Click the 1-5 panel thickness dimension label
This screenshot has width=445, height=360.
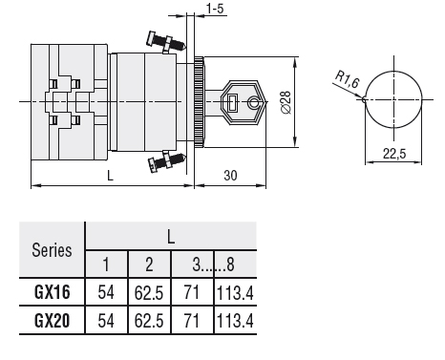[x=215, y=9]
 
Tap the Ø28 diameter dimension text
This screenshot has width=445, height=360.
[x=286, y=102]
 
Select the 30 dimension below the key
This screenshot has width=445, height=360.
[x=230, y=176]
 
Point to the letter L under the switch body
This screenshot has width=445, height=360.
[x=110, y=176]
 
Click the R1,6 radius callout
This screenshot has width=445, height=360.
[x=348, y=79]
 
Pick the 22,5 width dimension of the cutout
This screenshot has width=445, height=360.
[x=394, y=154]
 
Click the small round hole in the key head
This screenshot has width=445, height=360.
[x=254, y=102]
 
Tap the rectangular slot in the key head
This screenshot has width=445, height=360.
[x=233, y=102]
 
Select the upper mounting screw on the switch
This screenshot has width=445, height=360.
[x=165, y=43]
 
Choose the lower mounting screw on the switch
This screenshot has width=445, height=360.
[x=166, y=160]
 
